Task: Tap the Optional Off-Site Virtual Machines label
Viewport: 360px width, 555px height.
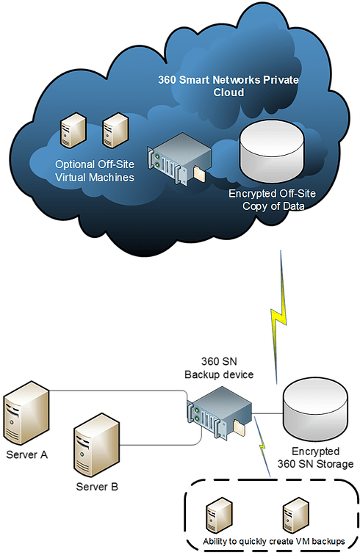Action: pyautogui.click(x=95, y=170)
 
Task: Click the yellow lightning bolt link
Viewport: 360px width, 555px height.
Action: pyautogui.click(x=279, y=316)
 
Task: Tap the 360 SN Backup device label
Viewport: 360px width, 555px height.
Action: pyautogui.click(x=227, y=369)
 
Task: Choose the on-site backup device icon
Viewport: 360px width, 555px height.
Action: pyautogui.click(x=219, y=414)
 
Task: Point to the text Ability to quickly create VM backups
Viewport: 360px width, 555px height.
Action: pyautogui.click(x=273, y=543)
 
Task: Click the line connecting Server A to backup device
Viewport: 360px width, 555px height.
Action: pyautogui.click(x=118, y=391)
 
